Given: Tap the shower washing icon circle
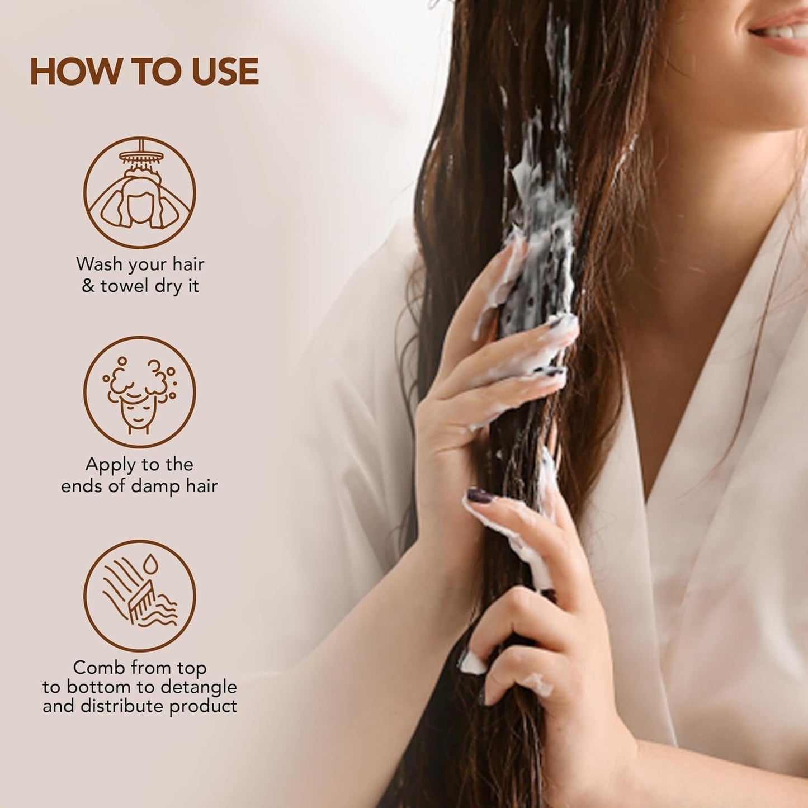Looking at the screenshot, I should pos(139,192).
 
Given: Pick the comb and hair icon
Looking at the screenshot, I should pos(139,596).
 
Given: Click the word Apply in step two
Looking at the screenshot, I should pos(110,465).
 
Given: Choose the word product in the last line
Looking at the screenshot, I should pos(204,706).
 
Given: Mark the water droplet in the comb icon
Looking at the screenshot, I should pos(149,564).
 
